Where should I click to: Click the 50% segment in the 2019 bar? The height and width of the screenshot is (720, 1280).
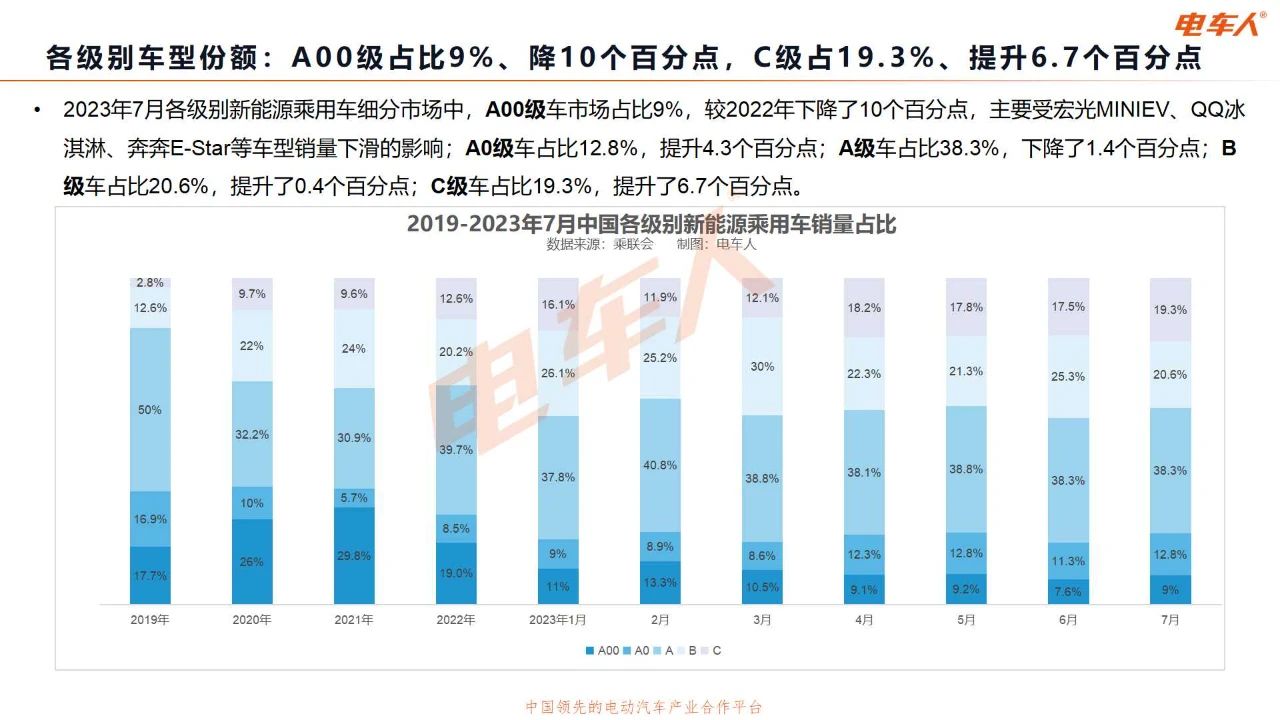pos(150,410)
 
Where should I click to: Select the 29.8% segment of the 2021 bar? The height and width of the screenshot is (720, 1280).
pos(354,556)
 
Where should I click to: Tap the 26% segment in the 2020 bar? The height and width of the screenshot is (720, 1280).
pos(252,562)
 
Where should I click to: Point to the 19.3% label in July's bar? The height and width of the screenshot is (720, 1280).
pos(1170,310)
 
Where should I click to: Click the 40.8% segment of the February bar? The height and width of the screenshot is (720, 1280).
pos(660,465)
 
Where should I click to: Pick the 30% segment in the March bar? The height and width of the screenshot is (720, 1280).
pos(762,366)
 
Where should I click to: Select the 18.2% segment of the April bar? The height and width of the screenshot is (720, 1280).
pos(864,308)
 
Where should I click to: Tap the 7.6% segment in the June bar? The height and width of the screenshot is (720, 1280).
pos(1068,591)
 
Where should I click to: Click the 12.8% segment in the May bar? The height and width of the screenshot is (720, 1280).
pos(966,553)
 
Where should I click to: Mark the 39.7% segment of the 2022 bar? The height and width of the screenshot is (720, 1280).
pos(456,450)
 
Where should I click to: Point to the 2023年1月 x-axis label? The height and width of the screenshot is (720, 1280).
pos(558,620)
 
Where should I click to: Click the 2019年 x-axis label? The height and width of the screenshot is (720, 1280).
pos(150,620)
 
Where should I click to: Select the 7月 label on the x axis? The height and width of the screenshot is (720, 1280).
pos(1170,620)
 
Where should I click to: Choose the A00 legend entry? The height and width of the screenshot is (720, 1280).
pos(603,651)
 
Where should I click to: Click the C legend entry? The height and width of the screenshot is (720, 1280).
pos(711,651)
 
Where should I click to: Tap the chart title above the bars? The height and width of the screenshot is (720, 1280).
pos(651,224)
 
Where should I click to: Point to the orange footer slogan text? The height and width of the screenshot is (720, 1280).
pos(644,707)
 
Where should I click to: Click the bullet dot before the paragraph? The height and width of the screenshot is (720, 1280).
pos(37,109)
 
